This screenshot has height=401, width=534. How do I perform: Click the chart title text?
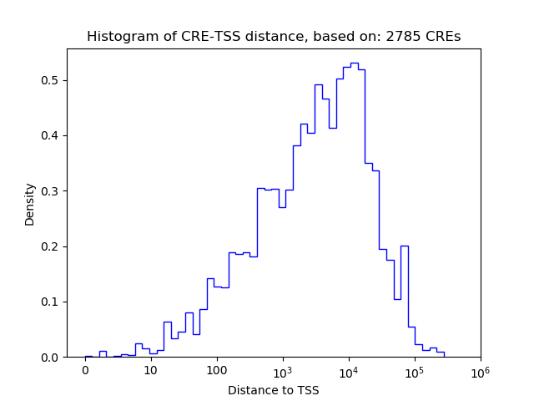274,37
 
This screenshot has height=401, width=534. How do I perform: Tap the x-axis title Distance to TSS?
274,390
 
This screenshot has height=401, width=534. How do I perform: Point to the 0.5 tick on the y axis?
50,80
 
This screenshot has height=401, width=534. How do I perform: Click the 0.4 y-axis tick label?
50,135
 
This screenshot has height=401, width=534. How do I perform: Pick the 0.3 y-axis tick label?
50,191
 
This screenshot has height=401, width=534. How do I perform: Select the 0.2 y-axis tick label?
50,246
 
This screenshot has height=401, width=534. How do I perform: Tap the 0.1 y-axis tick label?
50,302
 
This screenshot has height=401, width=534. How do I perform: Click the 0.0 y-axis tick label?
50,358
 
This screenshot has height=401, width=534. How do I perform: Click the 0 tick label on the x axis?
85,370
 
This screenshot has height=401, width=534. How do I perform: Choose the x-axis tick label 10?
151,370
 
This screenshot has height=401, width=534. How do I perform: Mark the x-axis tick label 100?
217,370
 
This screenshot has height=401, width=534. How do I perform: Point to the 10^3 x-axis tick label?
283,369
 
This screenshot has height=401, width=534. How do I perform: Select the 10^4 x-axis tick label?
349,369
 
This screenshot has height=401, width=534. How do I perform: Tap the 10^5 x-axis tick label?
415,369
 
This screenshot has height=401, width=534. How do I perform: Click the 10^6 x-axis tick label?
481,369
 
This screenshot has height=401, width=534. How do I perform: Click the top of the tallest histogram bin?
354,63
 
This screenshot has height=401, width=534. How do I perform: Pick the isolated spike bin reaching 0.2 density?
405,246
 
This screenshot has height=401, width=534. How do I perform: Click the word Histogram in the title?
118,37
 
